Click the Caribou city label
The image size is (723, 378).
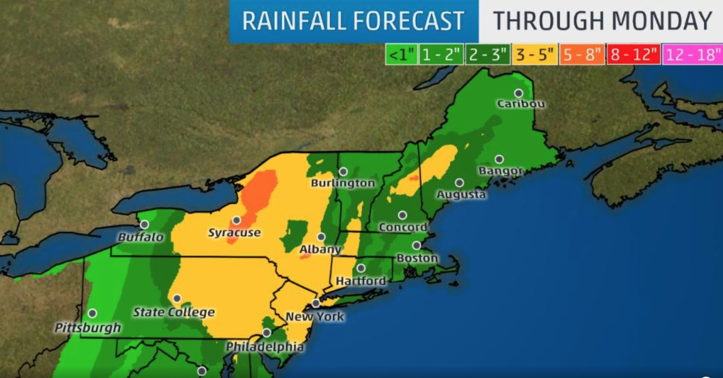click(x=521, y=104)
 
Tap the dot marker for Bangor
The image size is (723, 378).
click(x=499, y=159)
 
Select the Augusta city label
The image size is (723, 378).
click(x=461, y=194)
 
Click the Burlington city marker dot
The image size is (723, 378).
click(x=343, y=172)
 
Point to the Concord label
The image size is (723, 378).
click(x=403, y=227)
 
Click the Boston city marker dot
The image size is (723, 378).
click(x=416, y=246)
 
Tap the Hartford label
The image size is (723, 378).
click(x=361, y=281)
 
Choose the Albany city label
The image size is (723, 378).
click(x=320, y=249)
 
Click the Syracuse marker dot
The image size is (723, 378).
click(x=236, y=221)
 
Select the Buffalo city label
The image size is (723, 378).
click(x=141, y=237)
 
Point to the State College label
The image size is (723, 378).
click(x=174, y=312)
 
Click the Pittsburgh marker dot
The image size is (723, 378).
click(x=92, y=313)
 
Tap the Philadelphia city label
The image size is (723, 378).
click(x=265, y=347)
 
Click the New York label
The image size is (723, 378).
click(x=315, y=317)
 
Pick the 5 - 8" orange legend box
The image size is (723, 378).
click(x=582, y=55)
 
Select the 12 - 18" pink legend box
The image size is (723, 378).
click(x=692, y=55)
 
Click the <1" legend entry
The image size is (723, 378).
click(x=401, y=55)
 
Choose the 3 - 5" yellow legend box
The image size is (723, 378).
click(x=535, y=55)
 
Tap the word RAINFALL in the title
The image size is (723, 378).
click(x=294, y=21)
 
